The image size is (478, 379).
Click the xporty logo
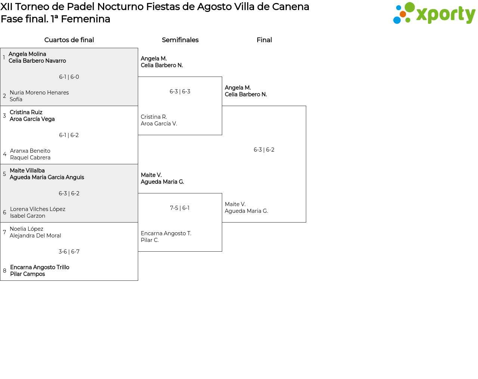434,13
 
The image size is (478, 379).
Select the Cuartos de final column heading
69,40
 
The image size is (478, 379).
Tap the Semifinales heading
180,40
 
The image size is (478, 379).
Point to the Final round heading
264,40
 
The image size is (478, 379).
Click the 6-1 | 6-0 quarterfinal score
69,77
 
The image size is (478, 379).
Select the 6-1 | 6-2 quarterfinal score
69,135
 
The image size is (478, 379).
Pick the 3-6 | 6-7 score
69,251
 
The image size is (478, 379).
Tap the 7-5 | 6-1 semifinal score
180,208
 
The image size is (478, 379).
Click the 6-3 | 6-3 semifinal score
180,91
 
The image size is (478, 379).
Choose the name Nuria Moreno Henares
39,93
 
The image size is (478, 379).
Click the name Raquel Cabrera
30,158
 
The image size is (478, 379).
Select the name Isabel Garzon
28,216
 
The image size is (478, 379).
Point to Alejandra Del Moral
35,236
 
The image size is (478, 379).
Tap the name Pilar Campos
28,274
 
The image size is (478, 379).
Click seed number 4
4,154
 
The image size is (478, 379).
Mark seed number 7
4,232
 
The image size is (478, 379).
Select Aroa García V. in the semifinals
159,124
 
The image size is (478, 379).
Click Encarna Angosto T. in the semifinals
166,233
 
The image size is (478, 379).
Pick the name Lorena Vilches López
38,209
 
